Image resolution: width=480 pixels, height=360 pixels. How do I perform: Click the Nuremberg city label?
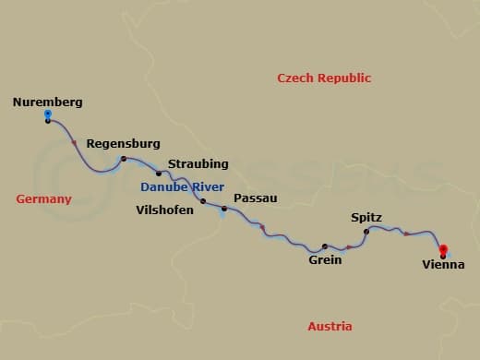(48, 102)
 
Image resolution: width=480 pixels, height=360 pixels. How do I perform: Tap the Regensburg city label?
(123, 144)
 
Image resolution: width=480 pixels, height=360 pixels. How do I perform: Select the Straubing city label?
(198, 164)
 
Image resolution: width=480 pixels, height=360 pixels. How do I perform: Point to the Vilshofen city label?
(164, 210)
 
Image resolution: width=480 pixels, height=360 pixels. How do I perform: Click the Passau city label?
(256, 198)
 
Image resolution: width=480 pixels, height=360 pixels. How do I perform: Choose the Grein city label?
(325, 260)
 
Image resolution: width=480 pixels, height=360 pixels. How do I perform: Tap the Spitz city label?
(366, 218)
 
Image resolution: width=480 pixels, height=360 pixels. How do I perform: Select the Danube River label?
(183, 187)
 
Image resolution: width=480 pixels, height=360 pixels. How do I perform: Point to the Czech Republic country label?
(324, 78)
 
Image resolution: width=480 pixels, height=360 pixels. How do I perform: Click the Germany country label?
(43, 199)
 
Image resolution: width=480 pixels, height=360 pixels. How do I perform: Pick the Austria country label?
(330, 327)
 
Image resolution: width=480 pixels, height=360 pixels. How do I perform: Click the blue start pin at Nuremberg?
(48, 114)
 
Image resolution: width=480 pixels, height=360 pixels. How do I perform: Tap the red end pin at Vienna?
(443, 249)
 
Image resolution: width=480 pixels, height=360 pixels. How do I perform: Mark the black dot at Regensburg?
(123, 160)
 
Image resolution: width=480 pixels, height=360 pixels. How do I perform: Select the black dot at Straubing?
(159, 174)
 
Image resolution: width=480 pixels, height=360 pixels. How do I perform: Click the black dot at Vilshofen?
(203, 200)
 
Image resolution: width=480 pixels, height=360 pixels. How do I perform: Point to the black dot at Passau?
(223, 209)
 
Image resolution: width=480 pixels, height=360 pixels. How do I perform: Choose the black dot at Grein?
(324, 246)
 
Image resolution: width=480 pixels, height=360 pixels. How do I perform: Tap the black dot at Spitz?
(366, 231)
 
